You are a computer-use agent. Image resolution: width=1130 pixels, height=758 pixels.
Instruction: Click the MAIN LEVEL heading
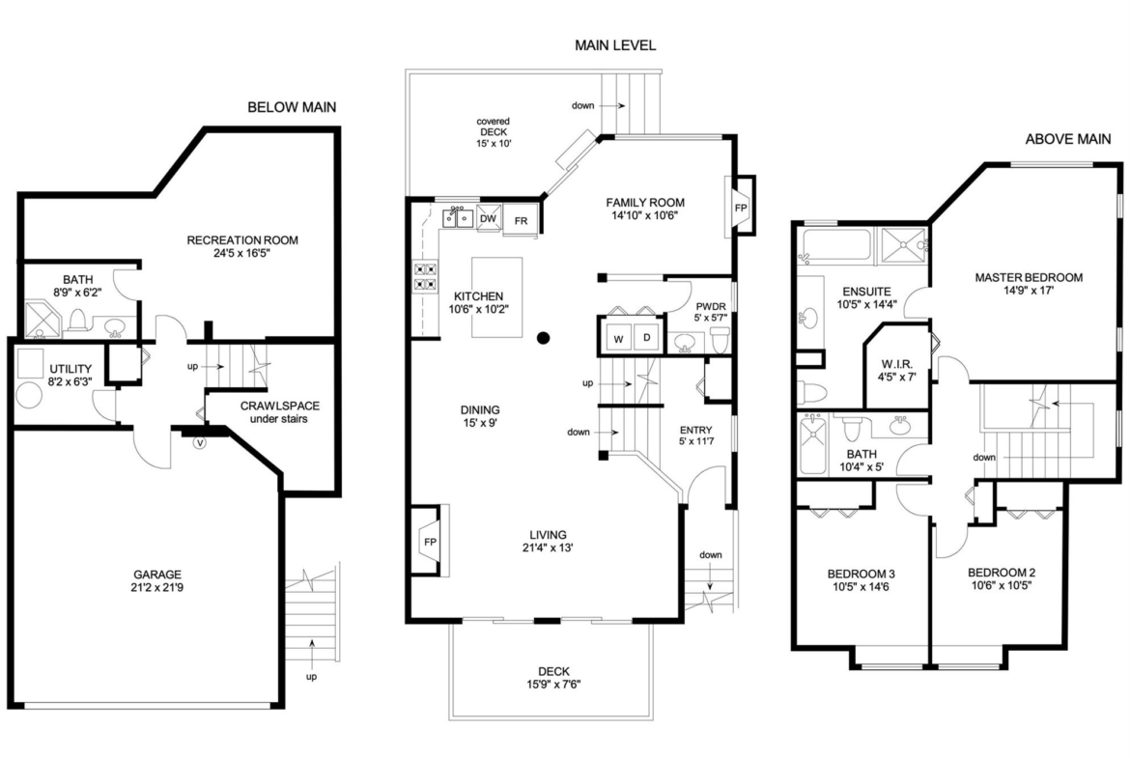[x=615, y=45]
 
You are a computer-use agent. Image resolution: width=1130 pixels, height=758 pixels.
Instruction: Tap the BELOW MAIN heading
[x=292, y=107]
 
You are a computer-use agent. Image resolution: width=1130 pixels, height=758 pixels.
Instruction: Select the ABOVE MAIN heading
[x=1067, y=139]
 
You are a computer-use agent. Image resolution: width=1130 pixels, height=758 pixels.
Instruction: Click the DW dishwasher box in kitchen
[x=488, y=219]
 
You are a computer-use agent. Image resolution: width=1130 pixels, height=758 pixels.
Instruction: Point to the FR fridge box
[x=521, y=221]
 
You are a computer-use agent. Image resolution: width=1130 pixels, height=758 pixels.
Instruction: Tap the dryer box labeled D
[x=646, y=337]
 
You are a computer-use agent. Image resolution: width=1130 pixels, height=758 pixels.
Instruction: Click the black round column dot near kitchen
[x=544, y=337]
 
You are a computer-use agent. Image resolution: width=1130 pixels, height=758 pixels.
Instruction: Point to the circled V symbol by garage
[x=200, y=443]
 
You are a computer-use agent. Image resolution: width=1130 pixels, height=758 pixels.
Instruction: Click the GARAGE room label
[x=157, y=574]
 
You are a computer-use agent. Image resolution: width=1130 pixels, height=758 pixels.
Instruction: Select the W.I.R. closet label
[x=897, y=363]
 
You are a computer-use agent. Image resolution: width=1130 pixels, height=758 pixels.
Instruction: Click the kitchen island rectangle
[x=496, y=296]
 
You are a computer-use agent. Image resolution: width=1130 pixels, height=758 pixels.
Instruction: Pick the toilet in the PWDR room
[x=719, y=340]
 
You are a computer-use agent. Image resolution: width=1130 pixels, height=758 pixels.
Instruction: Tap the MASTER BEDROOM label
[x=1029, y=277]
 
